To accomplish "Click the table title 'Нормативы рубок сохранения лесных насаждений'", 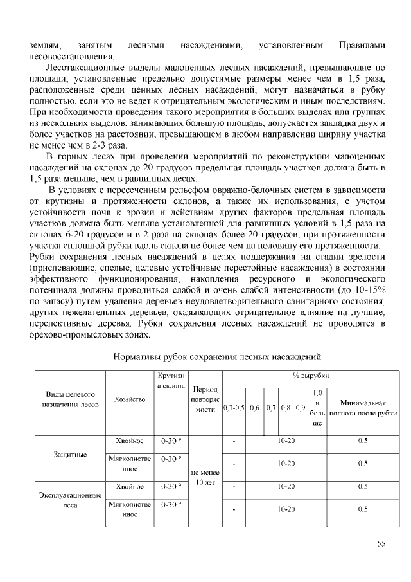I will pyautogui.click(x=216, y=356).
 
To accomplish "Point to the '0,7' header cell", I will pyautogui.click(x=270, y=408).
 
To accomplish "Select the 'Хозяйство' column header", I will pyautogui.click(x=130, y=399).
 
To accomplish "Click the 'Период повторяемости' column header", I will pyautogui.click(x=205, y=399).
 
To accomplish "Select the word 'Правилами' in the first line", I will pyautogui.click(x=362, y=44).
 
